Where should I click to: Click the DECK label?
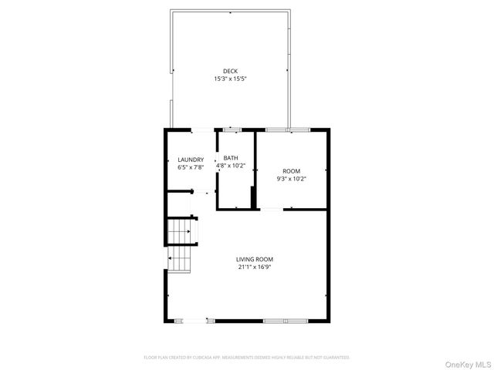230,71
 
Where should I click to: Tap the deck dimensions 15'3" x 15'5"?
230,79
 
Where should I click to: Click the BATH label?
231,158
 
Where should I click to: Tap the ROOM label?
291,170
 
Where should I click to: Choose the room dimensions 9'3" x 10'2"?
291,178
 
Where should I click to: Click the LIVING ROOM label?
254,259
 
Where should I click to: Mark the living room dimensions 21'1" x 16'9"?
254,267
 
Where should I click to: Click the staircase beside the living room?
181,245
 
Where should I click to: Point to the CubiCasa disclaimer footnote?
247,358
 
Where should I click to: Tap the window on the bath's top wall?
232,129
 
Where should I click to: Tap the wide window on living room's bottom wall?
284,320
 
